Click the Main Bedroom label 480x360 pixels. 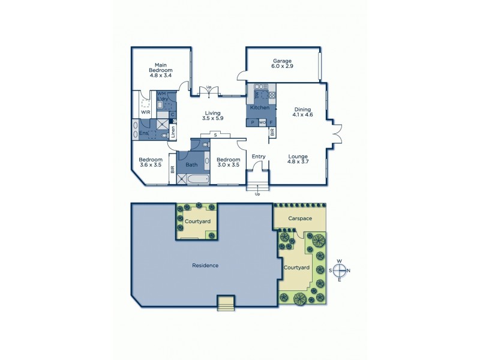coord(160,70)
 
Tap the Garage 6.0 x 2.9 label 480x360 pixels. coord(282,64)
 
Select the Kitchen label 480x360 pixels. coord(259,107)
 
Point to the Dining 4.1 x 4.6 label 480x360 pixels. coord(302,112)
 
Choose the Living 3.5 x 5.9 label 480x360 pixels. coord(212,116)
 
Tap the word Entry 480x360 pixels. coord(259,157)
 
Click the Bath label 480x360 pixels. coord(191,164)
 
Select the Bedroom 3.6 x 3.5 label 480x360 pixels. coord(151,162)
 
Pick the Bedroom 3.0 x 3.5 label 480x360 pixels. coord(228,162)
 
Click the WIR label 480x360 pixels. coord(145,112)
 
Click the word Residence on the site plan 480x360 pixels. coord(205,265)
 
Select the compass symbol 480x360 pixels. coord(340,269)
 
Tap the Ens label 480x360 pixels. coord(144,133)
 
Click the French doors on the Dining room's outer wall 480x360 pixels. coord(337,134)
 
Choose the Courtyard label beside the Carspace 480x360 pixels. coord(296,268)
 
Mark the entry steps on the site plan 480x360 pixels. coord(226,304)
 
